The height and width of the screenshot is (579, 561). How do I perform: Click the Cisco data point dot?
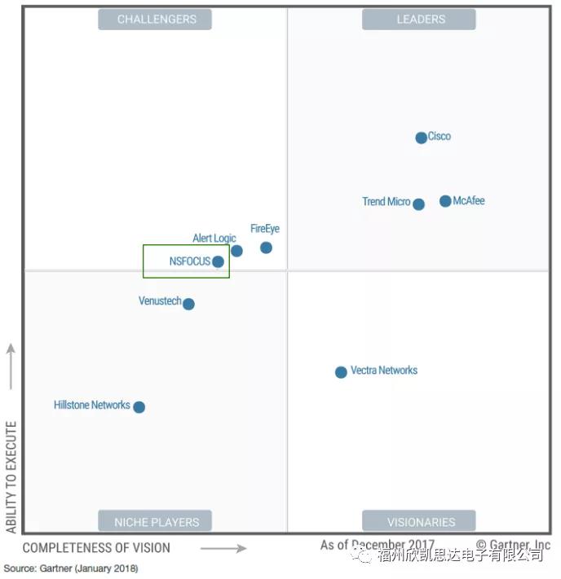[x=421, y=138]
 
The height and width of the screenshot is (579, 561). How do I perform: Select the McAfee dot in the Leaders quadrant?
[x=445, y=201]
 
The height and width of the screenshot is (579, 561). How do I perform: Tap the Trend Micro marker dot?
[x=418, y=204]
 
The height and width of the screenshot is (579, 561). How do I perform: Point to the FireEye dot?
[x=266, y=248]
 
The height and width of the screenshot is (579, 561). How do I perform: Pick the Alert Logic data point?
[x=236, y=251]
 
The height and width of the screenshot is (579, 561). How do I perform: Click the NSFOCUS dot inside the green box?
[x=218, y=261]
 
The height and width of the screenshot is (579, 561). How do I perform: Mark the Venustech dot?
[x=188, y=304]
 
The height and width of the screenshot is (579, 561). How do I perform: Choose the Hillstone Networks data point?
[x=139, y=407]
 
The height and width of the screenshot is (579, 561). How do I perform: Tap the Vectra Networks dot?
[x=341, y=372]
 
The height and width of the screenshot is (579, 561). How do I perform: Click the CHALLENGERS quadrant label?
[x=155, y=20]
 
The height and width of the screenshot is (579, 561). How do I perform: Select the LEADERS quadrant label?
[x=419, y=20]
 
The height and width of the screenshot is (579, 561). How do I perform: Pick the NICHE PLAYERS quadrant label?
[x=155, y=521]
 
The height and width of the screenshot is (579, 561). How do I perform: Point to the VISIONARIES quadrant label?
[x=419, y=521]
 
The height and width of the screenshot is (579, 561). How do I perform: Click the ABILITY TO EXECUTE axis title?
[x=11, y=477]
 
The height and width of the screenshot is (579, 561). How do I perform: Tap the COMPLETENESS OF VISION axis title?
[x=96, y=548]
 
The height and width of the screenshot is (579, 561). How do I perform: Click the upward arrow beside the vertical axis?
[x=11, y=366]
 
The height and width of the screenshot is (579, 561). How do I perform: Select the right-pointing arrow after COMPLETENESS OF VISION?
[x=223, y=548]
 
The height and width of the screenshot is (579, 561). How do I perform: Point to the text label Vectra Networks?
[x=384, y=371]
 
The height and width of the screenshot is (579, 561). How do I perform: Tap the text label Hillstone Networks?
[x=92, y=405]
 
